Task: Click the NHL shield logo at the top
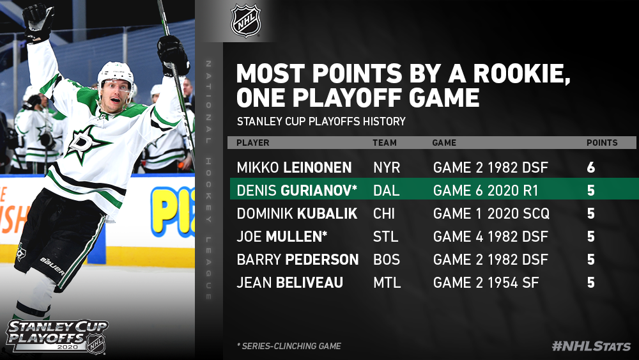(x=246, y=20)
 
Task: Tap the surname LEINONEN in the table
(x=317, y=168)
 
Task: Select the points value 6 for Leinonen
(x=591, y=168)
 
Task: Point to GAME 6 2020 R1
(x=486, y=191)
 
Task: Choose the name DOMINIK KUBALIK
(x=297, y=214)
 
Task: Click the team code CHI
(x=384, y=214)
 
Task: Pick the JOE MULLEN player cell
(x=282, y=237)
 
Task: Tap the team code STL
(x=385, y=237)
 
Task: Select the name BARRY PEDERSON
(x=298, y=260)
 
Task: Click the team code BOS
(x=387, y=260)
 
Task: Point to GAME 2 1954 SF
(x=486, y=283)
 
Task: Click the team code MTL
(x=387, y=283)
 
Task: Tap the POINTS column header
(x=602, y=143)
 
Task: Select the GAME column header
(x=444, y=143)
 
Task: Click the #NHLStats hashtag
(x=591, y=346)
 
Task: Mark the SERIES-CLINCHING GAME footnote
(x=289, y=346)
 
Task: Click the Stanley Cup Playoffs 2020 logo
(x=57, y=336)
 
